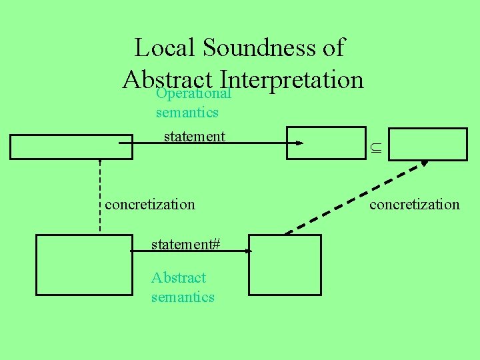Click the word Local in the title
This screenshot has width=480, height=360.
click(165, 47)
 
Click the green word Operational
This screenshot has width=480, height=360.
click(193, 93)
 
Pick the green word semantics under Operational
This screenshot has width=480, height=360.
click(187, 113)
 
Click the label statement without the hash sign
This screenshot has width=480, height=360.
click(195, 137)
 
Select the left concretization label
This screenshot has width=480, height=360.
click(150, 204)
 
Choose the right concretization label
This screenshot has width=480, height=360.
click(415, 204)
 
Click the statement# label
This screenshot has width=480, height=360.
click(185, 244)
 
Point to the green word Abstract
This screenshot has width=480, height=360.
click(179, 277)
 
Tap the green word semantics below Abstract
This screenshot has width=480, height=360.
click(183, 297)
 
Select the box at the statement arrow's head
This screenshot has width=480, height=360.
click(317, 143)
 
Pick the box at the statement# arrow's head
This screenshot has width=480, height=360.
click(285, 264)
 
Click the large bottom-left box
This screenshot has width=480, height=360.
click(83, 264)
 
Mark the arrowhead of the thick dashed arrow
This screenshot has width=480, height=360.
click(424, 162)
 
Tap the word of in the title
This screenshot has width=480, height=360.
click(332, 47)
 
